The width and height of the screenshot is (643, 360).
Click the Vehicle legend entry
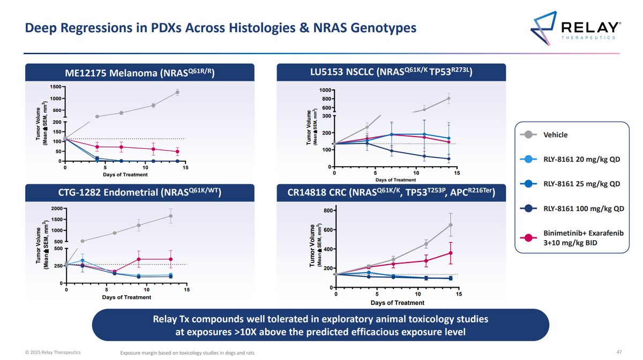pos(555,135)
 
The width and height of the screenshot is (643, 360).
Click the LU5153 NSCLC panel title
pos(391,72)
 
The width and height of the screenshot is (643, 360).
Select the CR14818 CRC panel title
pos(391,192)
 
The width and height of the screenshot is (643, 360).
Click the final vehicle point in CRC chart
pos(451,225)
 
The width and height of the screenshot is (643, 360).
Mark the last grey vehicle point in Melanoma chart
pos(177,92)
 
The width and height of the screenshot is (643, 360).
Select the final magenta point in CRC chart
pos(451,253)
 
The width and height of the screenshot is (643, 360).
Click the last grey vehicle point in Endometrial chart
pos(170,216)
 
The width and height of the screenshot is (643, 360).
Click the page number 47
pos(619,352)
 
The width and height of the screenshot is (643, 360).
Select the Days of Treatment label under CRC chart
pos(397,303)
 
